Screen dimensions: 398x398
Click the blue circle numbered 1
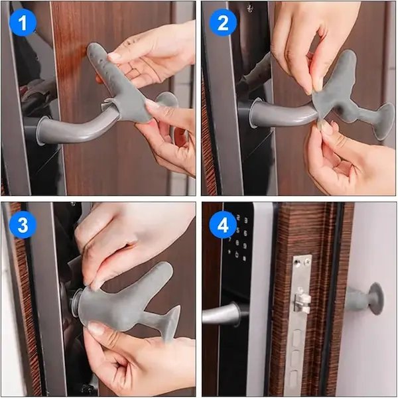pos(23,23)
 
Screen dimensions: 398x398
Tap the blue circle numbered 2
pos(223,23)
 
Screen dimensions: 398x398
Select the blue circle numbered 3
pos(23,224)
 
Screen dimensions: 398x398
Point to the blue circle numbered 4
pos(223,224)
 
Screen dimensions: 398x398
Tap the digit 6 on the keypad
pos(245,233)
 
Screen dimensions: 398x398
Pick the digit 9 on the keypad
pos(245,245)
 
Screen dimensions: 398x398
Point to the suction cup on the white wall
pos(375,298)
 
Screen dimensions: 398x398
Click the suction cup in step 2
pos(385,121)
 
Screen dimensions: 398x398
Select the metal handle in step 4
pos(222,314)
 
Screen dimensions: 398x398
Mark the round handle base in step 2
pos(254,113)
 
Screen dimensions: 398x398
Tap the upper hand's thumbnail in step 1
pos(113,56)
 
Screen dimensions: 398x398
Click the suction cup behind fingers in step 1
pos(166,99)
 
